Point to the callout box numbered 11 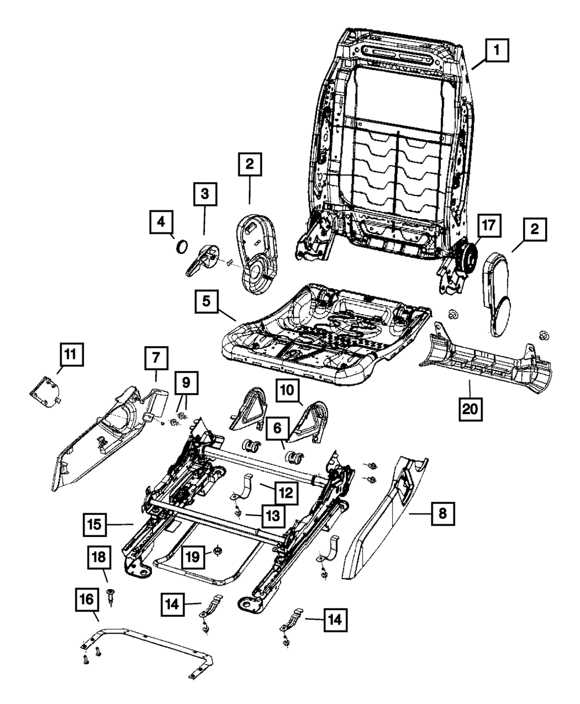coord(71,355)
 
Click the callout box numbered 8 coord(443,514)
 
